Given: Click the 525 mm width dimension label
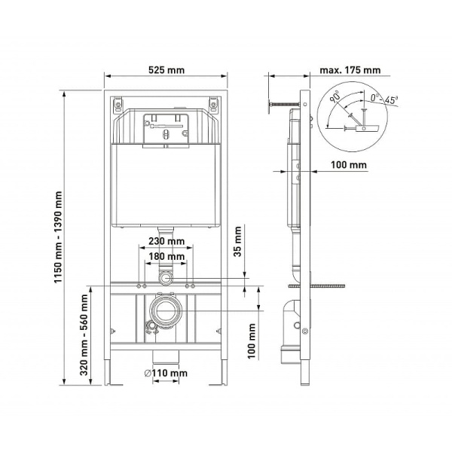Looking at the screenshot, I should (x=166, y=70).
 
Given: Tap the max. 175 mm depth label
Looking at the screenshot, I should (x=350, y=70).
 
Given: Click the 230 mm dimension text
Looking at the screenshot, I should (x=166, y=242).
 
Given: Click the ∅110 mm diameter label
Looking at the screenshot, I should (x=166, y=373).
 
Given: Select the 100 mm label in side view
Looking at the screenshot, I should (x=349, y=164).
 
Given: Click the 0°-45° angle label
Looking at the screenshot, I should (x=383, y=98).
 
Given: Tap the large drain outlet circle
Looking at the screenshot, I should (x=166, y=310).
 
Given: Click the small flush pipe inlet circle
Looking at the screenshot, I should (x=166, y=278).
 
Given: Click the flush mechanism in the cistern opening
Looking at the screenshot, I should (x=166, y=127).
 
